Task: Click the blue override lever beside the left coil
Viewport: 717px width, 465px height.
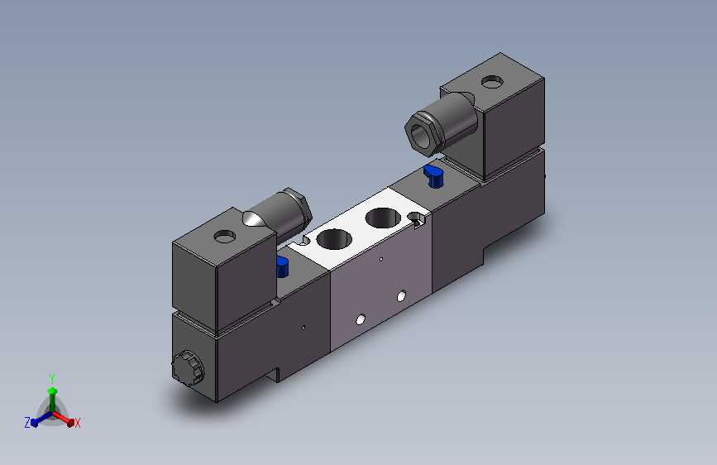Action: pos(282,266)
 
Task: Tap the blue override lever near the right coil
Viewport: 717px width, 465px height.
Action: pos(433,176)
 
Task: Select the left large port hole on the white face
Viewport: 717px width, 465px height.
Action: pos(334,239)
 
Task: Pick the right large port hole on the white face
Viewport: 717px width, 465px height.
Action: pos(383,218)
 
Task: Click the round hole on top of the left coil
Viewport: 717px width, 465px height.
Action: pos(224,237)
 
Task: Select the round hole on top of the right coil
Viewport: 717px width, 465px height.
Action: pos(492,83)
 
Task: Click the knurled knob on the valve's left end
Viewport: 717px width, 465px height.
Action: pos(188,368)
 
